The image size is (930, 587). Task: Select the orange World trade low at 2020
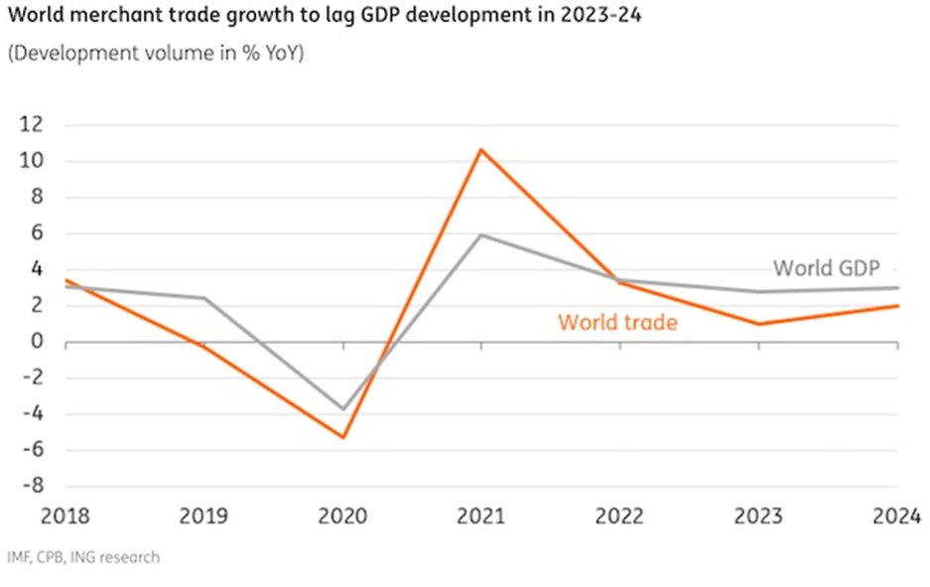pos(343,437)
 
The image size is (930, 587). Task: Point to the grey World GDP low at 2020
pos(343,409)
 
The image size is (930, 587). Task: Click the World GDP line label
pos(827,267)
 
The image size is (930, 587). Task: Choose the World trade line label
pos(617,322)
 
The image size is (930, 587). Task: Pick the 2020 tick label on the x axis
pos(343,516)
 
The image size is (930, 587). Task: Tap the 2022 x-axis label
pos(619,516)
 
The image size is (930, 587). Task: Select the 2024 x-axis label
pos(897,516)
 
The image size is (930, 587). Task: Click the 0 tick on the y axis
pos(39,343)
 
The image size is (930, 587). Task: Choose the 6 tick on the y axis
pos(39,233)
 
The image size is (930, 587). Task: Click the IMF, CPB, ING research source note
pos(83,557)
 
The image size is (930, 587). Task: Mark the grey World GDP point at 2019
pos(205,298)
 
